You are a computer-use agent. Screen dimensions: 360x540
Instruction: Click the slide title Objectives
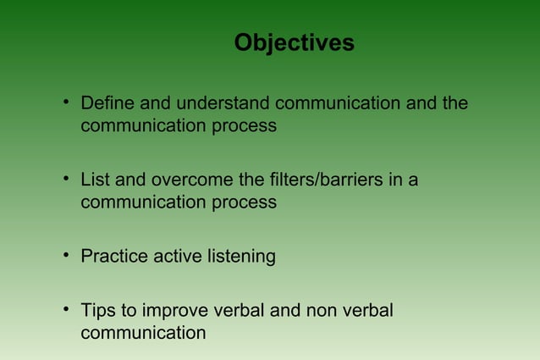[x=294, y=42]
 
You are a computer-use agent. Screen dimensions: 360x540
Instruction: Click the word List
[x=94, y=180]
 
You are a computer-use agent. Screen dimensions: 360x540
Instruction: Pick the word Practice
[x=114, y=257]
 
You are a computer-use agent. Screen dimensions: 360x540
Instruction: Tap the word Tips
[x=97, y=311]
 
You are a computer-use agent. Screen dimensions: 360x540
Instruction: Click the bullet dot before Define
[x=65, y=104]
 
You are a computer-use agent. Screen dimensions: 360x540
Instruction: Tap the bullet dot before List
[x=65, y=180]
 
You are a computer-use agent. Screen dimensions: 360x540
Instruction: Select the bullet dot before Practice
[x=65, y=256]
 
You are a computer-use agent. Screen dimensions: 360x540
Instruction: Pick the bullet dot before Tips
[x=65, y=310]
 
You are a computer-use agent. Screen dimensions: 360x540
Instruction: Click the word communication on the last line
[x=142, y=333]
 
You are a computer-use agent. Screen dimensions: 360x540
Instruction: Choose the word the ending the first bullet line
[x=455, y=104]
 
